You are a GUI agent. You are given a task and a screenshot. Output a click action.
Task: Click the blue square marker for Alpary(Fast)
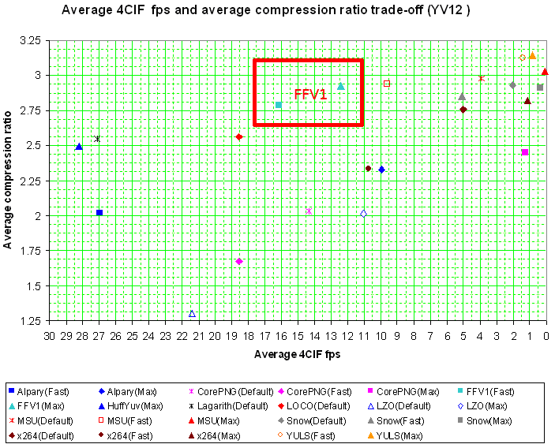(x=99, y=213)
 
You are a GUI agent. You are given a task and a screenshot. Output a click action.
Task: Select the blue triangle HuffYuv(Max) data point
(x=78, y=147)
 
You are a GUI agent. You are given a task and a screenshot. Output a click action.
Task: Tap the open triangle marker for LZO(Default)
(x=192, y=314)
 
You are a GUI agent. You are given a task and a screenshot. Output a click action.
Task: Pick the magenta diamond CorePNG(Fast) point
(x=239, y=261)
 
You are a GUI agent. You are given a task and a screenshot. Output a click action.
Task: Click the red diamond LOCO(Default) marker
(x=239, y=137)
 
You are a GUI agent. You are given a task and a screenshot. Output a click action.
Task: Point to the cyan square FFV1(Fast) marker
(x=279, y=105)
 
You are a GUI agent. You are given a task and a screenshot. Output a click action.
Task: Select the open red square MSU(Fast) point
(x=387, y=84)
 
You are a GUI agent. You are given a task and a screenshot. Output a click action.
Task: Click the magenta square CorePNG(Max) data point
(x=525, y=152)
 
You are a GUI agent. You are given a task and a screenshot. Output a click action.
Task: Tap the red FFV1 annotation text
(x=310, y=95)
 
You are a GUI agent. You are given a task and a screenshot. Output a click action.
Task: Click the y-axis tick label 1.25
(x=32, y=321)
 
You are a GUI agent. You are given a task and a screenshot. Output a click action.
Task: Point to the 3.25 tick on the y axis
(x=32, y=40)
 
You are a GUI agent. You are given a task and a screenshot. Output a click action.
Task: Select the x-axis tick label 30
(x=49, y=337)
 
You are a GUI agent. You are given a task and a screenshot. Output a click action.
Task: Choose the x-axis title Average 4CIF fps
(x=297, y=354)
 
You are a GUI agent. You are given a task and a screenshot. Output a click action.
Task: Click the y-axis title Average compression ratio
(x=8, y=180)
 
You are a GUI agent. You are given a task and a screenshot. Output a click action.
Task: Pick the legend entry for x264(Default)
(x=43, y=435)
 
